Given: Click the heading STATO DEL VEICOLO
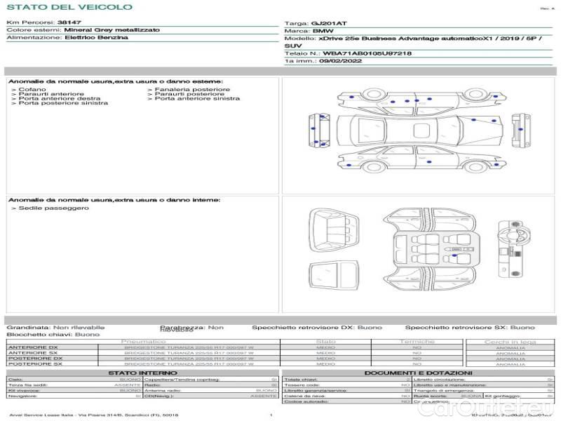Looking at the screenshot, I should pos(69,7).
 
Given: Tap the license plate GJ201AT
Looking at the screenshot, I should pos(329,23).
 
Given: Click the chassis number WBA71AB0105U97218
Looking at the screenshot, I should pos(367,53).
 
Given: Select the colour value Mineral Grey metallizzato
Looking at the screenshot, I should pos(111,30).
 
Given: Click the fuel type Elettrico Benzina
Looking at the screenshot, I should pos(96,37).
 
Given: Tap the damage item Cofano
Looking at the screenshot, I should pos(33,90).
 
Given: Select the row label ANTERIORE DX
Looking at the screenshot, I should pos(33,347).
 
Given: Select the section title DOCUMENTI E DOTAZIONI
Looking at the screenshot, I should pos(418,373).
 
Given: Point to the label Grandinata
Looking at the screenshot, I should pos(28,328).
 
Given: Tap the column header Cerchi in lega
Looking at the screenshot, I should pos(510,342).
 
